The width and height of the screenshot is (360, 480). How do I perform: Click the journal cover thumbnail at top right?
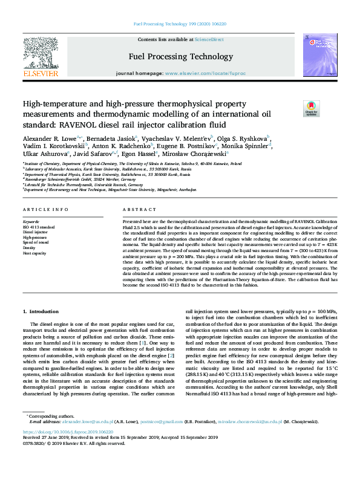point(319,56)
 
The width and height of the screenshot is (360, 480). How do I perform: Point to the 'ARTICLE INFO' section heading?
point(45,209)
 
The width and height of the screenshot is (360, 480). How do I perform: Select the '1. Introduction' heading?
point(41,311)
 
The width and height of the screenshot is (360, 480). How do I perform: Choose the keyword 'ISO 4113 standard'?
point(39,227)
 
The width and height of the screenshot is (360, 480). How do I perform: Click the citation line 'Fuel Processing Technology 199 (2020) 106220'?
point(180,25)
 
